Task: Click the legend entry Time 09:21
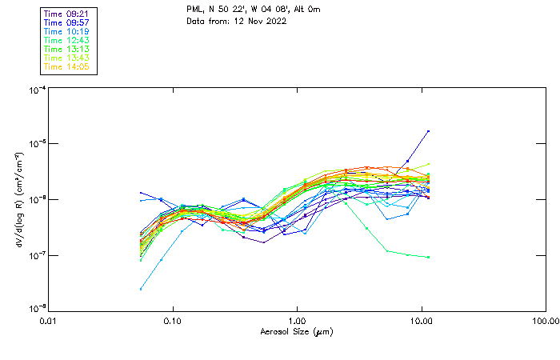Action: pos(66,14)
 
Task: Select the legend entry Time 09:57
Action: pos(66,22)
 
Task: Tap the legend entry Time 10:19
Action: pos(66,31)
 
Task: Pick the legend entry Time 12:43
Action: pos(66,40)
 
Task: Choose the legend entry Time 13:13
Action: pos(66,49)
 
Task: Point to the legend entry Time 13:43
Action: pos(66,58)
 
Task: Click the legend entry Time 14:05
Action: pos(66,66)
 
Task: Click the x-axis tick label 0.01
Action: pos(49,321)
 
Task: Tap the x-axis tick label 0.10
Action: pos(173,321)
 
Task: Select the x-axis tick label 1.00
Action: pos(298,321)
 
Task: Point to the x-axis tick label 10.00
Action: pos(422,321)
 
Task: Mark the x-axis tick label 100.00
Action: pos(546,321)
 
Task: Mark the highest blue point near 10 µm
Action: pos(428,131)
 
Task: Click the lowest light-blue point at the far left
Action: pos(141,289)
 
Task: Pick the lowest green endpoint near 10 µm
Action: pos(428,257)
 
